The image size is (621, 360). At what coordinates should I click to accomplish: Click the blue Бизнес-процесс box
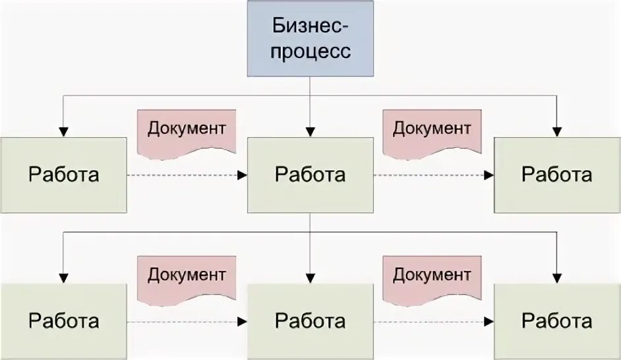310,38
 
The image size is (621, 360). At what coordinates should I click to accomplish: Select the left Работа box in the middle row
63,175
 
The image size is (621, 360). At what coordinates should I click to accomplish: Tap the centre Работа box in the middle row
310,175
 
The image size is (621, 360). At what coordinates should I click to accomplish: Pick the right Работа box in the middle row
557,175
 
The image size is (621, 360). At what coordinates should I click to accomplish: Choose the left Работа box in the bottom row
63,321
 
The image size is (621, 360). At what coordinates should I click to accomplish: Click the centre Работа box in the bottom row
310,321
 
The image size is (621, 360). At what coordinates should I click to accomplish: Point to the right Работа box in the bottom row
557,321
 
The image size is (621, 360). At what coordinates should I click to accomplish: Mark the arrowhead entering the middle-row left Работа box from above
63,132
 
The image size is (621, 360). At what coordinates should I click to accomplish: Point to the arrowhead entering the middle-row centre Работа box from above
310,132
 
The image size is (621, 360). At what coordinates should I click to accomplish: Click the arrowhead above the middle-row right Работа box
557,132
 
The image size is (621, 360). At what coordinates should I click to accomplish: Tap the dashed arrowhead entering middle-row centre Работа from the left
243,175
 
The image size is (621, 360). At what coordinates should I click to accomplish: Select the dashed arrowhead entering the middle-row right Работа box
489,175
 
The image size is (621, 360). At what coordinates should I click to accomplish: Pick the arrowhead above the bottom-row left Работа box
63,278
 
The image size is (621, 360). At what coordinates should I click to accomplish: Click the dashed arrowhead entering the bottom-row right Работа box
489,322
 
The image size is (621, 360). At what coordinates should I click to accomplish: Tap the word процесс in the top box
310,51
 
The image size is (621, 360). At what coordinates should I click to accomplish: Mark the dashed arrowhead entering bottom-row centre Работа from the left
243,322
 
